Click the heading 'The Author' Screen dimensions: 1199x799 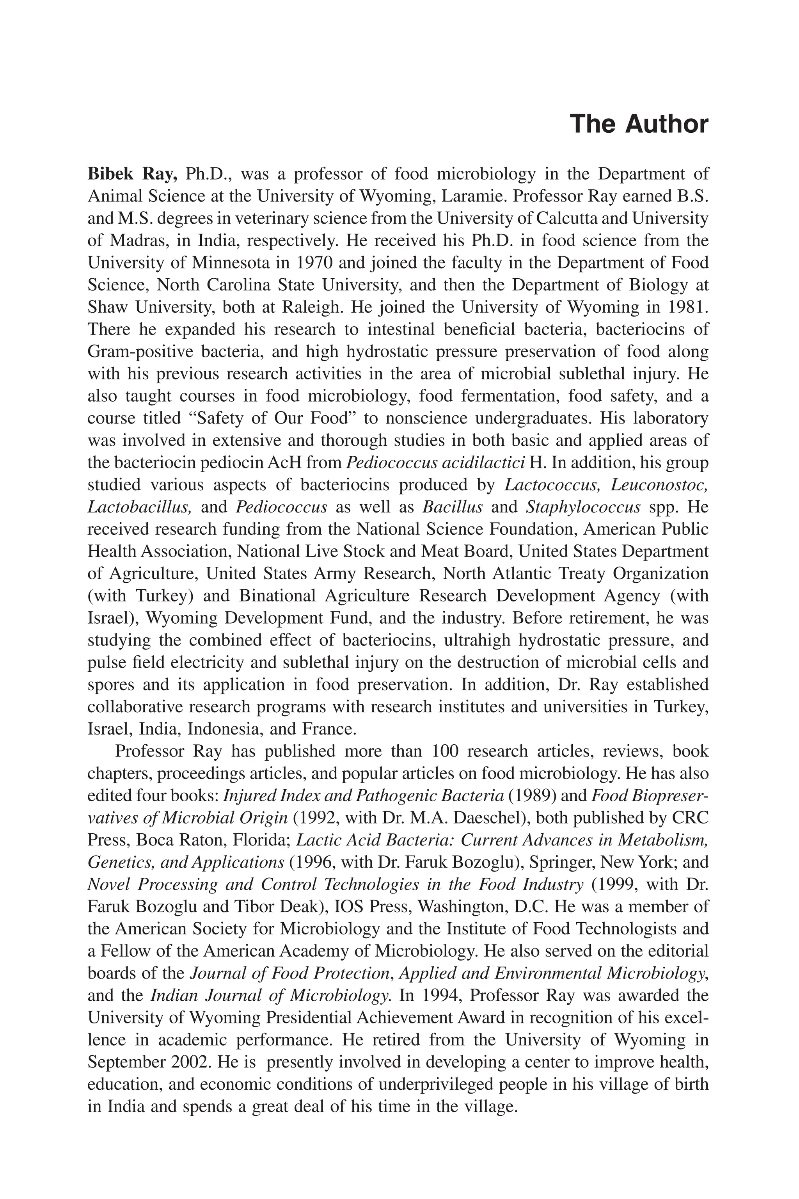tap(639, 125)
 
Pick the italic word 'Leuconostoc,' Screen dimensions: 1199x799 tap(659, 485)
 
